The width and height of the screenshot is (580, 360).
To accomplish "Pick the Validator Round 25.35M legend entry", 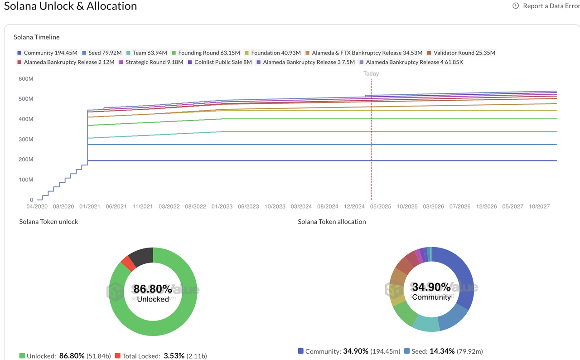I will tap(461, 53).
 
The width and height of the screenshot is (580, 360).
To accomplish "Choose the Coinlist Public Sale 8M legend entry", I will tap(220, 62).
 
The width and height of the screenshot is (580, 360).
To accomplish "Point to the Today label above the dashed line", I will tap(371, 73).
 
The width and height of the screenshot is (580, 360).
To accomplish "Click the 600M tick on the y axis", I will tap(26, 79).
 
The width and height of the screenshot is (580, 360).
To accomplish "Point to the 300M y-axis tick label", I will tap(26, 139).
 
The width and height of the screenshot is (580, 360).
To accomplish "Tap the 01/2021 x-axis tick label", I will tap(90, 206).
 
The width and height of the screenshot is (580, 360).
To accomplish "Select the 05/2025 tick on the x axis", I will tap(381, 206).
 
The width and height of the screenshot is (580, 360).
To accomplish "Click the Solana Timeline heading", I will tap(37, 37).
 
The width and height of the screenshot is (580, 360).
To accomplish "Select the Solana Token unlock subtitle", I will tap(49, 222).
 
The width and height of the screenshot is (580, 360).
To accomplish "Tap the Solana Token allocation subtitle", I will tap(332, 222).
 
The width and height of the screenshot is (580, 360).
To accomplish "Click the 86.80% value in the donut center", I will tap(153, 289).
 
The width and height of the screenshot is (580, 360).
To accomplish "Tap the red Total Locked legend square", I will tap(118, 356).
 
